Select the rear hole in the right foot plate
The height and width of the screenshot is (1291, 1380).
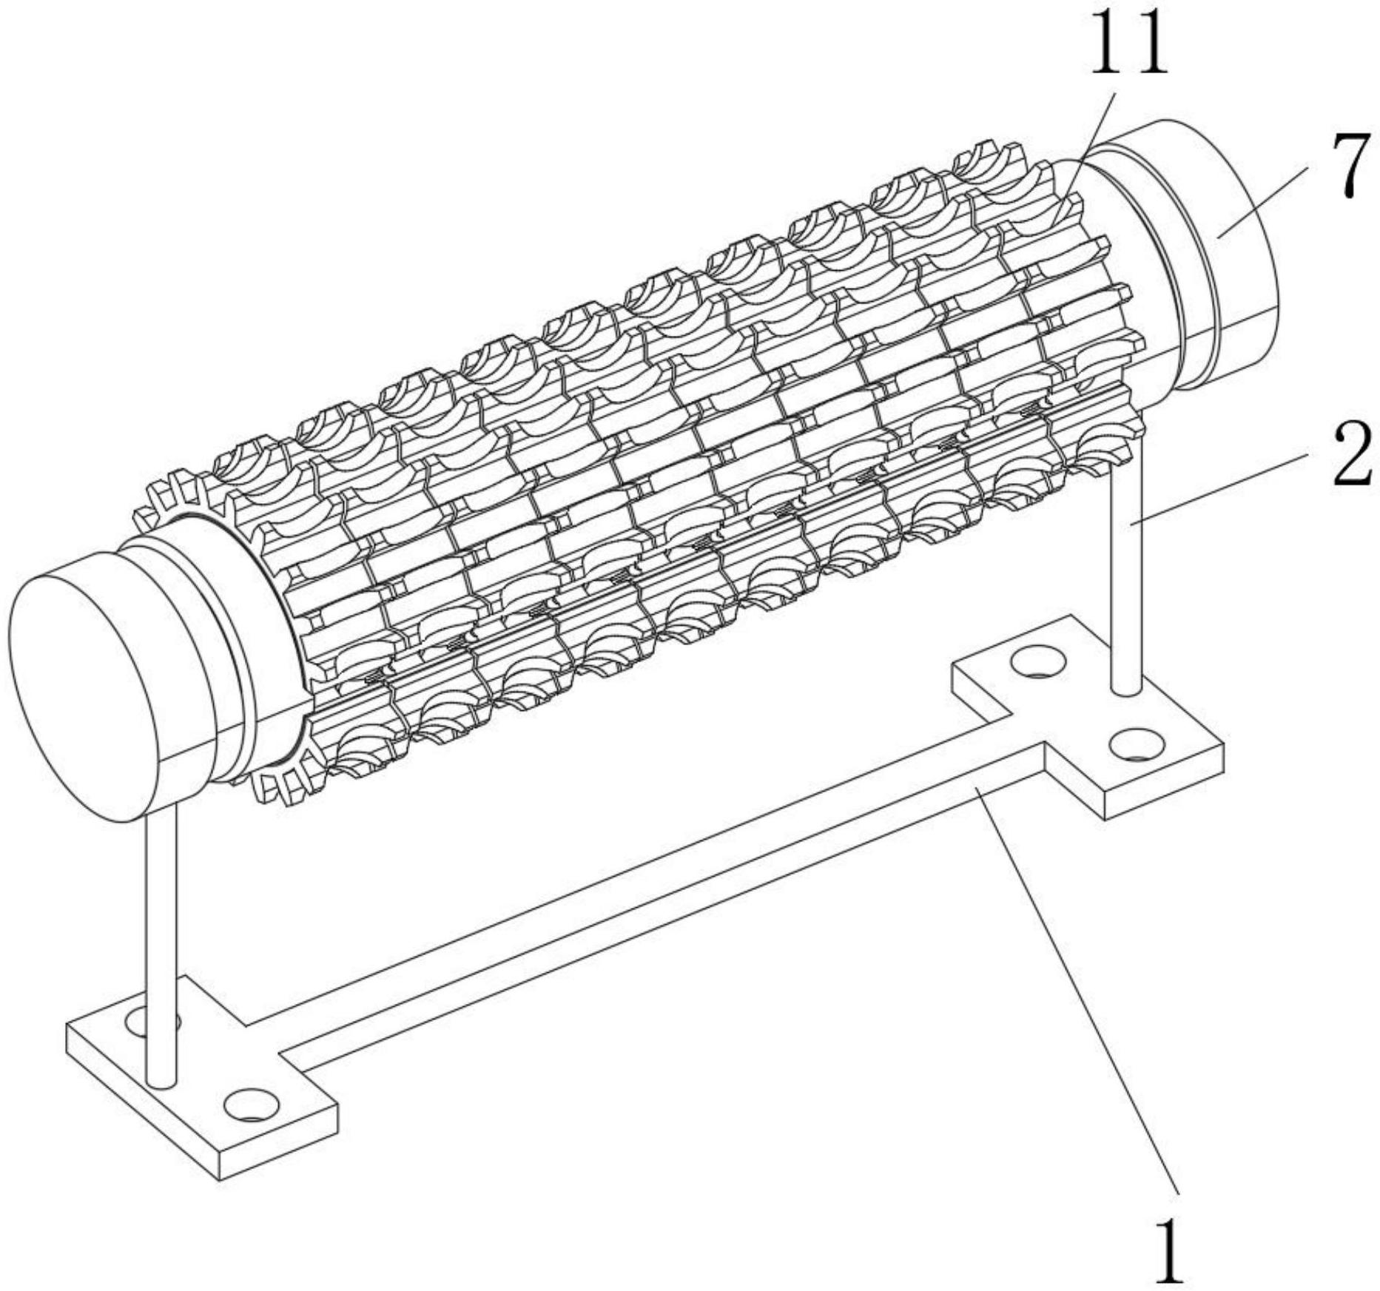pos(1035,661)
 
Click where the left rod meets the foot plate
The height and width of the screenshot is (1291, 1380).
pos(162,1080)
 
